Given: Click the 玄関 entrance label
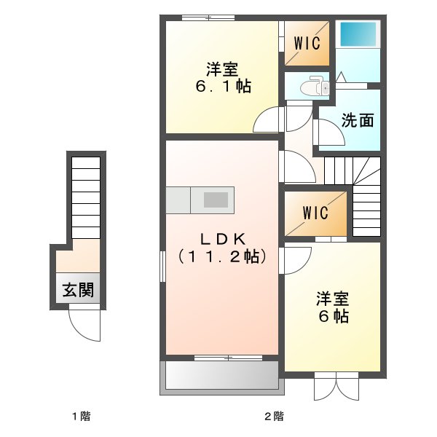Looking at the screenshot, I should [x=77, y=291].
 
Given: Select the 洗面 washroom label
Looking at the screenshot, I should [x=358, y=120].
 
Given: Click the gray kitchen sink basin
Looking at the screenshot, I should [x=216, y=200].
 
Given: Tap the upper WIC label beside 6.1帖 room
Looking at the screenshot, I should [x=307, y=43].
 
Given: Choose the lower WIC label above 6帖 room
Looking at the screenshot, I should [x=315, y=214].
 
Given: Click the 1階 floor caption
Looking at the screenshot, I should [x=81, y=417].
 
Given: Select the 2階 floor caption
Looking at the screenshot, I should [x=274, y=417].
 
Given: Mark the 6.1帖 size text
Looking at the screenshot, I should [x=222, y=87].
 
